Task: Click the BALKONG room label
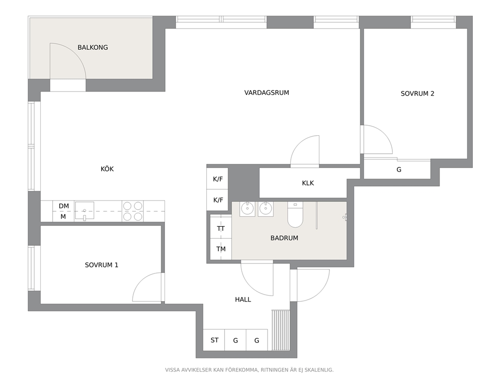pos(93,47)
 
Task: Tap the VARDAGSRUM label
pos(267,93)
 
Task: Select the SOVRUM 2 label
pos(417,93)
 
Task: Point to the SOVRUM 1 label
pos(102,265)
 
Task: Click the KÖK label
pos(107,169)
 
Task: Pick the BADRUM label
pos(284,238)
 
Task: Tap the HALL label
pos(243,299)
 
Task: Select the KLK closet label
pos(308,183)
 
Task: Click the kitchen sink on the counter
pos(85,211)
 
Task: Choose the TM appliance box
pos(221,249)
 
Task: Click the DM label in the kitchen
pos(64,206)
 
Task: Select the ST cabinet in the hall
pos(214,340)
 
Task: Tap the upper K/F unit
pos(217,179)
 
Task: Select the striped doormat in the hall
pos(281,330)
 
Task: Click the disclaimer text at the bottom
pos(249,370)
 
